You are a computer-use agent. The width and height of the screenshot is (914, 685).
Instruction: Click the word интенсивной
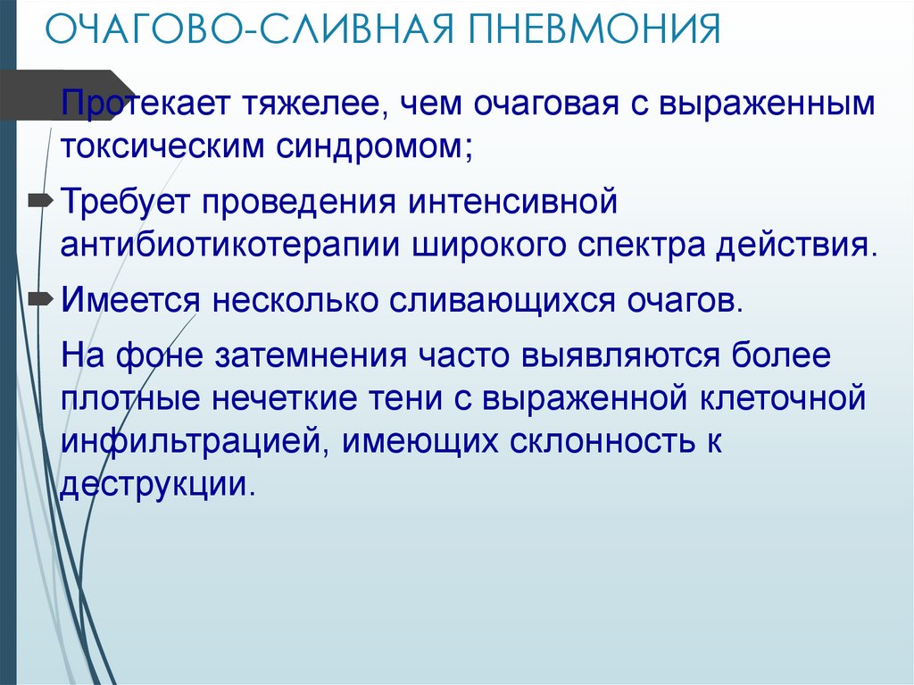512,201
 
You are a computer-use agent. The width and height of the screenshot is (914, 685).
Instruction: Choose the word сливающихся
502,301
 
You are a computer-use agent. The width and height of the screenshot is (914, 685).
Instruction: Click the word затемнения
311,356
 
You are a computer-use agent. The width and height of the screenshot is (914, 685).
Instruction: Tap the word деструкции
158,485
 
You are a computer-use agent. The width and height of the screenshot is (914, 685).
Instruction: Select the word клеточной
782,398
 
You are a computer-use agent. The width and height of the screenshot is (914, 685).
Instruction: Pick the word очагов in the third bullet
685,301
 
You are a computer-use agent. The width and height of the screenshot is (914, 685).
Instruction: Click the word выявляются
620,356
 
